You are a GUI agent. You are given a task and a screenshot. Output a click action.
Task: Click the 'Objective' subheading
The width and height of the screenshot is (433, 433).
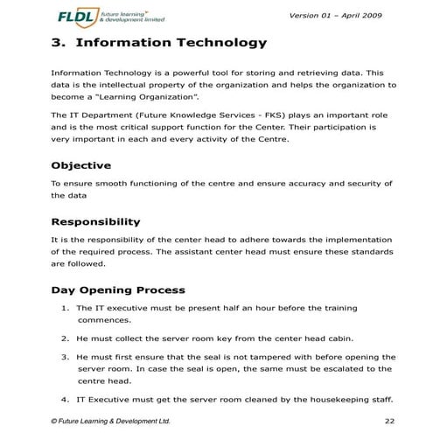(80, 165)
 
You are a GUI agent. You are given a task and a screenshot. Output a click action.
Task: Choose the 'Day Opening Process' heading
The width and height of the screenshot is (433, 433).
(117, 290)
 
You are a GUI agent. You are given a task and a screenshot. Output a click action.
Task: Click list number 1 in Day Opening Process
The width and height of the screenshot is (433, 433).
(66, 308)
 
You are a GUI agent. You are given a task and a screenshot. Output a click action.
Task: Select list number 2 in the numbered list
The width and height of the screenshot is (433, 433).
(66, 338)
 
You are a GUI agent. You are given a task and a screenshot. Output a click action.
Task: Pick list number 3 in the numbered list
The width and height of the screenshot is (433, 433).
(66, 357)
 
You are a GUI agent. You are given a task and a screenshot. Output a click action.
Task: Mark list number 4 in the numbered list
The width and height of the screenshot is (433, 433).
(66, 400)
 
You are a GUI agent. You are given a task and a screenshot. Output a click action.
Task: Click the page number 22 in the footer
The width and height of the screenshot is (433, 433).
(389, 422)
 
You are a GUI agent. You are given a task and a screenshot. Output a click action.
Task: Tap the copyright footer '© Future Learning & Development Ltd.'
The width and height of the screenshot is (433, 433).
(110, 422)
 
